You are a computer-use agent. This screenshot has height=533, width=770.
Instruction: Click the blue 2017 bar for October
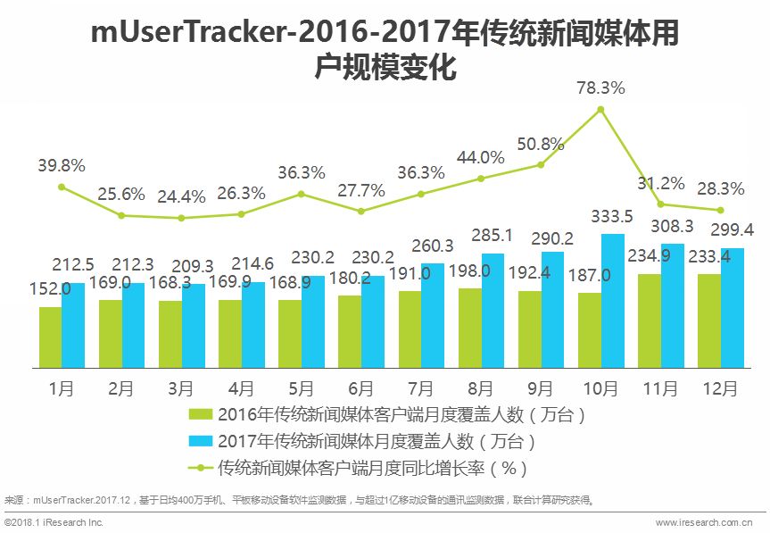[612, 301]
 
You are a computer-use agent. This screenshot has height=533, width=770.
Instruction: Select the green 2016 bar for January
[50, 337]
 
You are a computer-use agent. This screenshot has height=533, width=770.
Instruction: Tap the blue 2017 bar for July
[433, 315]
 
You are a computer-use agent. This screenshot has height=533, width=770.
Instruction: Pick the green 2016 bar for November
[649, 321]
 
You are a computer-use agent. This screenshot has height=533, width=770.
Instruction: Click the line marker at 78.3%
[600, 110]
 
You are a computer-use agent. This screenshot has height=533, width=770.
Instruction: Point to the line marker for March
[181, 218]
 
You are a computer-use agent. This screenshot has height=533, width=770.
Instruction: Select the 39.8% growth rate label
[62, 165]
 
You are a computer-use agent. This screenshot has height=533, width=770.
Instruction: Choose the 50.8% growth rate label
[540, 144]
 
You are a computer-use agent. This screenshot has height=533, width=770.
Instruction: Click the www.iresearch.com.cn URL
[709, 521]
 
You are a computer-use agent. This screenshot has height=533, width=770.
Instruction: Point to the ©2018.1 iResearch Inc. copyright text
[55, 521]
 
